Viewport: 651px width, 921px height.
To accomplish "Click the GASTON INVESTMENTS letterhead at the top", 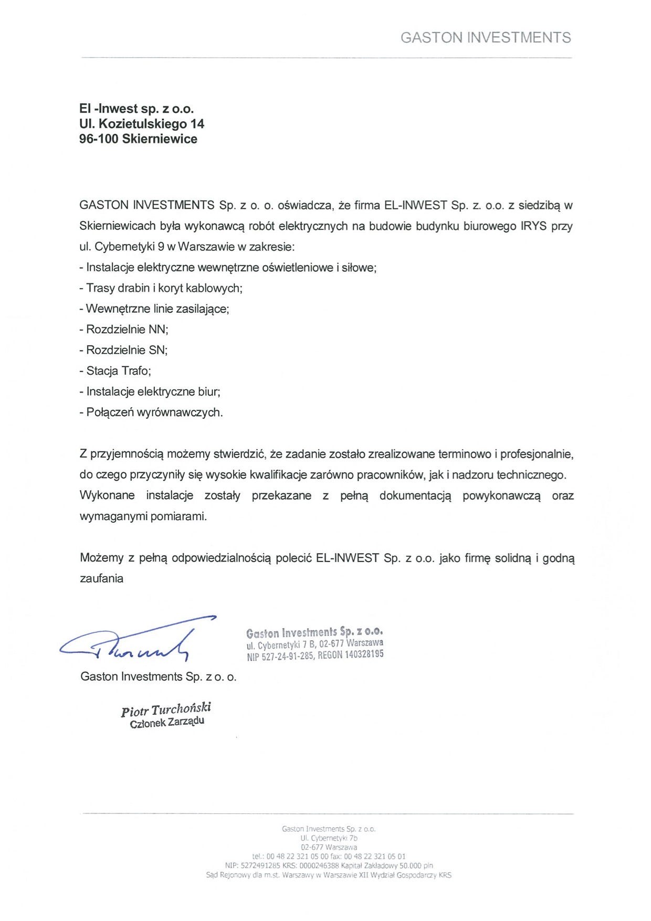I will (x=485, y=38).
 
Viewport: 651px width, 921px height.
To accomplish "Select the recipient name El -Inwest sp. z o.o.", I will (x=136, y=109).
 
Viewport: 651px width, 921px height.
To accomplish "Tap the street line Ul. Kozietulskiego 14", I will (x=141, y=124).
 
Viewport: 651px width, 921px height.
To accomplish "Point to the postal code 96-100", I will (x=99, y=139).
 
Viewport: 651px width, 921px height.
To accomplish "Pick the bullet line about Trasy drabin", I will (x=161, y=288).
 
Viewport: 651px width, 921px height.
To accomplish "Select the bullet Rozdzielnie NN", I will (x=124, y=330).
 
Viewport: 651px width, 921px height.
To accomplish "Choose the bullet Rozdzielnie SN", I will (x=123, y=350).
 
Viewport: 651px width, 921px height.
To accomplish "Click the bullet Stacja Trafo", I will (x=115, y=371).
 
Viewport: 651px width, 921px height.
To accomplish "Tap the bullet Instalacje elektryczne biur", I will (x=150, y=391).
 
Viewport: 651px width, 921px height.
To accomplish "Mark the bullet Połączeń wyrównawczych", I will (x=151, y=412).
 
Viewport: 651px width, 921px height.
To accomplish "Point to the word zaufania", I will (x=101, y=579).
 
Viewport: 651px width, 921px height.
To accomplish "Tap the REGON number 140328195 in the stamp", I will (x=364, y=654).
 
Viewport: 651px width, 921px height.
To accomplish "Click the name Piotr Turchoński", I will (x=166, y=710).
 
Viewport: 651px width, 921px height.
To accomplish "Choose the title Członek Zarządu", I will (x=167, y=723).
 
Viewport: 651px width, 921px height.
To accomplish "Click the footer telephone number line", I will (x=329, y=856).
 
